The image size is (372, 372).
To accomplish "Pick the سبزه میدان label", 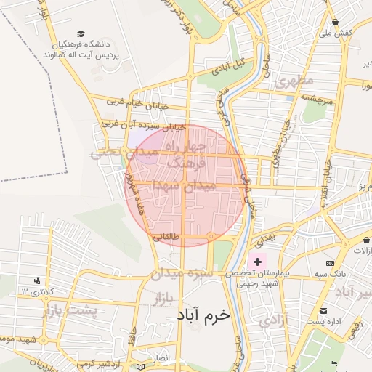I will click(x=181, y=274).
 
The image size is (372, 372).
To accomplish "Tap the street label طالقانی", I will click(x=165, y=235).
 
